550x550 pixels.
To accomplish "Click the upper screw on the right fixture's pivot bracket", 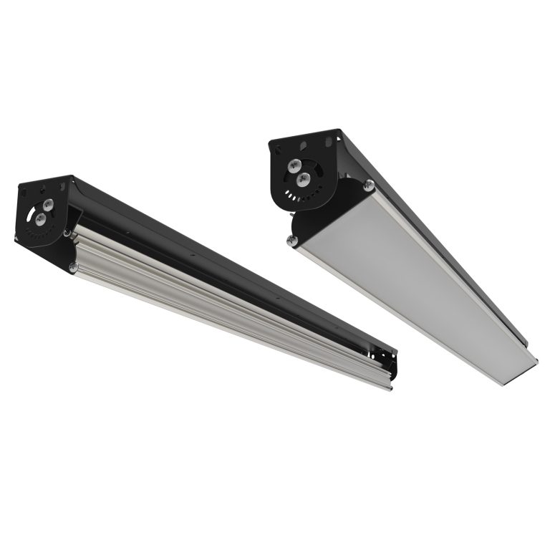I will click(x=294, y=165).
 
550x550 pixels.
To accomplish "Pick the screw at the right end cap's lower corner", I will click(x=292, y=241).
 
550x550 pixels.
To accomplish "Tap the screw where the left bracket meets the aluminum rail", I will click(x=67, y=233).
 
